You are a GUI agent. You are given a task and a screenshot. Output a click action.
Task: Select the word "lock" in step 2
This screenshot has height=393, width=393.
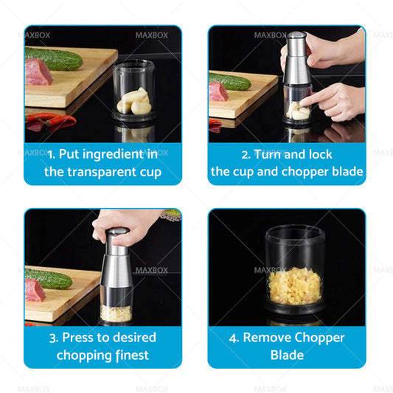click(320, 154)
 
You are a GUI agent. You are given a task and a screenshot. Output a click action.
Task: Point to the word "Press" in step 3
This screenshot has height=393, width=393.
click(78, 338)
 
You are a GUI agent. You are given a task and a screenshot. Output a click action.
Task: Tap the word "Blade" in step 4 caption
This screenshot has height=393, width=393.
click(287, 355)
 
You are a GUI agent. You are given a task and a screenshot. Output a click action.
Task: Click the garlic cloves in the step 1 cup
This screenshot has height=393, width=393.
click(134, 102)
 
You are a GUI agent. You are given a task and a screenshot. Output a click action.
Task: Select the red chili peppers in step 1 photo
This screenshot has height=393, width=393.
click(50, 121)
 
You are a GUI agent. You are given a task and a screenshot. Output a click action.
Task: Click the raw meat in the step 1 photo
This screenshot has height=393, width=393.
click(38, 72)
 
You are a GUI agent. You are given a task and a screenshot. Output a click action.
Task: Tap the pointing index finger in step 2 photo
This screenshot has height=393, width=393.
click(316, 98)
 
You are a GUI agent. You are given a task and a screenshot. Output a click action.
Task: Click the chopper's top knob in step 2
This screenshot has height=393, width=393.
click(297, 35)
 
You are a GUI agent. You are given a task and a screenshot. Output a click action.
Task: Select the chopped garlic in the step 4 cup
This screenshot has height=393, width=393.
click(295, 286)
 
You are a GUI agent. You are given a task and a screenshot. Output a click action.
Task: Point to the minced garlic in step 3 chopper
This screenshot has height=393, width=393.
click(116, 313)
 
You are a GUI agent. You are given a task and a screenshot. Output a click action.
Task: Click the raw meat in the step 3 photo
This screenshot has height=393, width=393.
click(35, 290)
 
